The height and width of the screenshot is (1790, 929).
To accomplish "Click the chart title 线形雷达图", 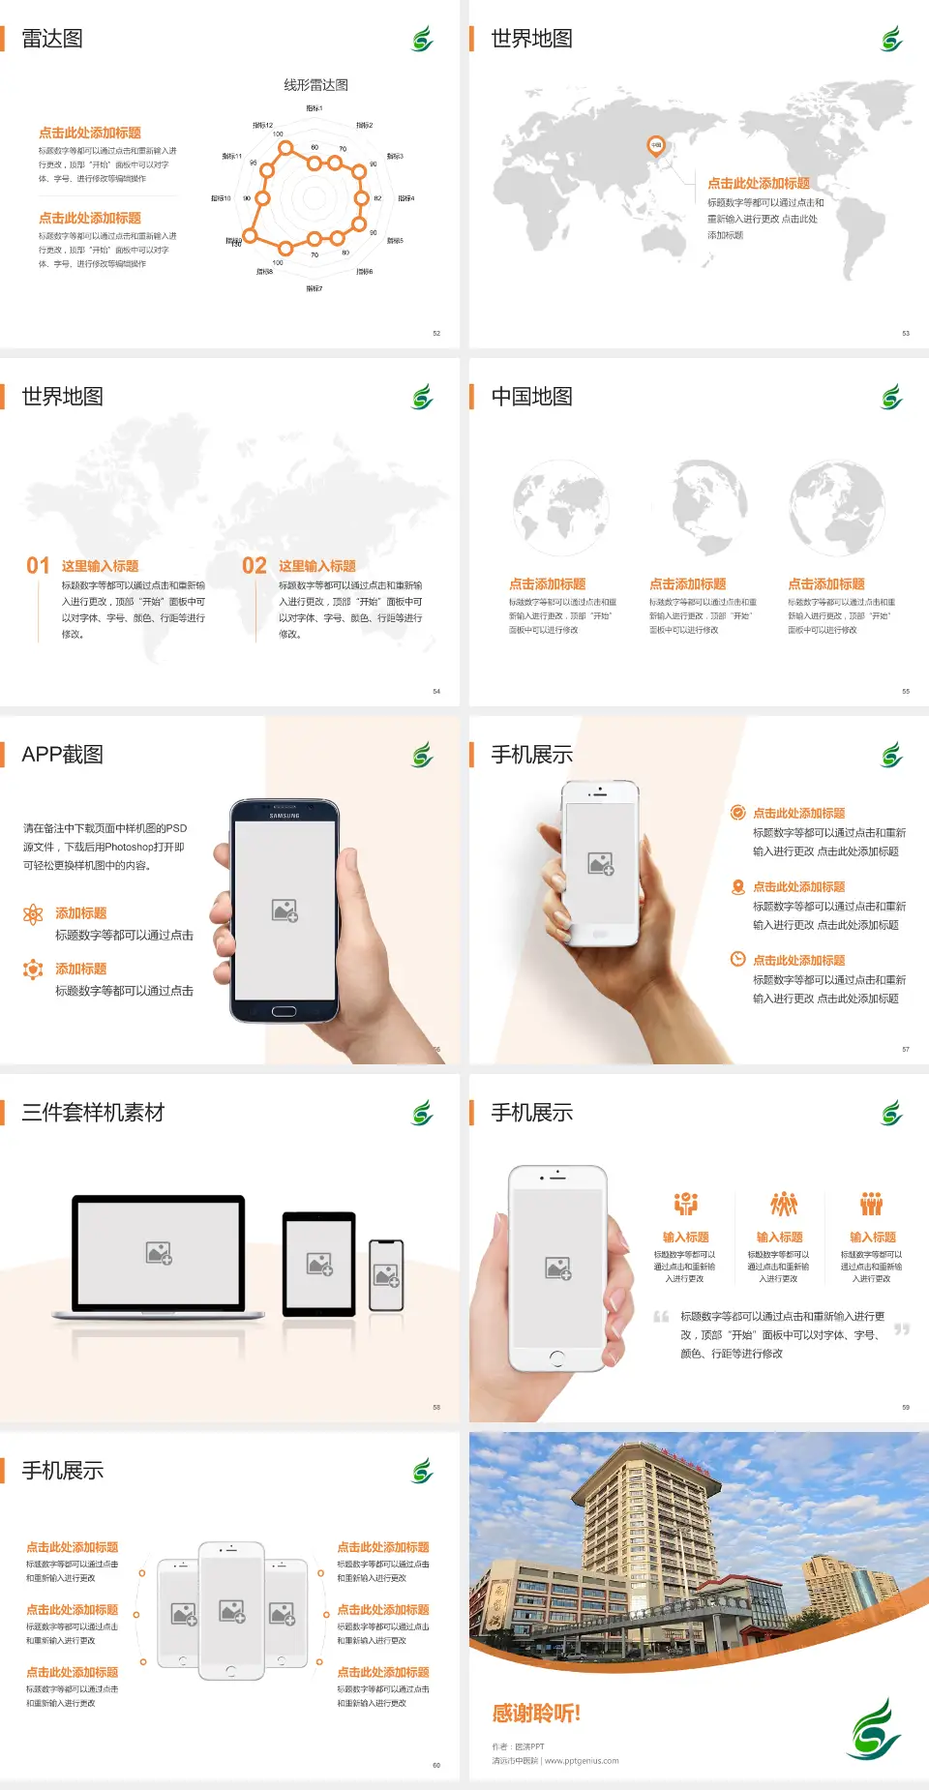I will [x=315, y=85].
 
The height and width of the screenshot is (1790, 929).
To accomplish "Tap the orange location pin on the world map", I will [x=655, y=146].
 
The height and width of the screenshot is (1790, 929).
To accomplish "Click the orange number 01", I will [x=38, y=565].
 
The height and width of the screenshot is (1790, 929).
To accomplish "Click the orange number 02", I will [x=255, y=565].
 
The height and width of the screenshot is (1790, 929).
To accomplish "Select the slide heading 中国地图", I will [x=531, y=397].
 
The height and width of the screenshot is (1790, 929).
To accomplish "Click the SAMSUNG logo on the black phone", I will [x=285, y=816].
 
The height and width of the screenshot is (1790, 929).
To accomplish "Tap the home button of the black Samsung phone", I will [x=284, y=1011].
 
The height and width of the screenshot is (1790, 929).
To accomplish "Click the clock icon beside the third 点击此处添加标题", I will [x=737, y=959].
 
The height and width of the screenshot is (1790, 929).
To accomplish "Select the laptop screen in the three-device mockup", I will [x=159, y=1252].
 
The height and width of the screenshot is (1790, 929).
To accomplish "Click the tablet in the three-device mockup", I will [x=319, y=1263].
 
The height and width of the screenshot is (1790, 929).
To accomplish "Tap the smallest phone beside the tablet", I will [x=386, y=1275].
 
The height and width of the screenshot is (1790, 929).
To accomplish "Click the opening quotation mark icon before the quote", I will [x=661, y=1317].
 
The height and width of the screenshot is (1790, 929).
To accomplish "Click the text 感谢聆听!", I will [x=536, y=1714].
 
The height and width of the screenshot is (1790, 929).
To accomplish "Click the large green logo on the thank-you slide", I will [x=876, y=1730].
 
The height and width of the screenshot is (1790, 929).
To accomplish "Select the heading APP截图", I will [x=63, y=755].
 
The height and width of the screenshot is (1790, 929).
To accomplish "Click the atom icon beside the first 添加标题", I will [x=33, y=914].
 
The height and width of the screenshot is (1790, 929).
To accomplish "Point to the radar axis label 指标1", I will [x=315, y=108].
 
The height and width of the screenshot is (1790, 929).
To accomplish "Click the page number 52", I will [x=436, y=333].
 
